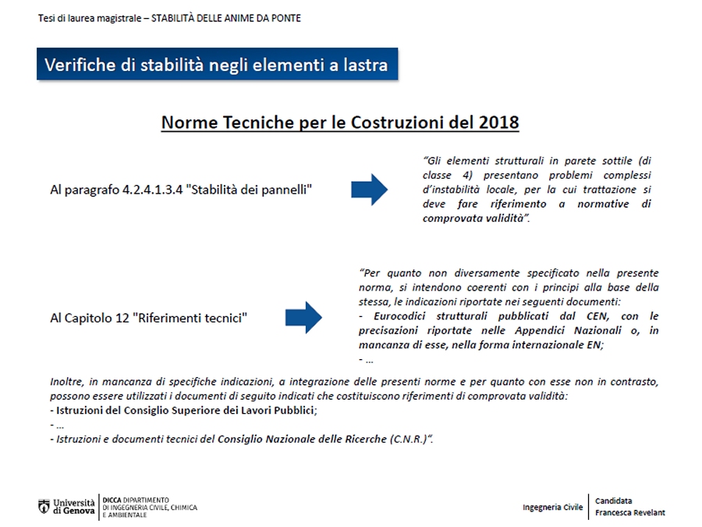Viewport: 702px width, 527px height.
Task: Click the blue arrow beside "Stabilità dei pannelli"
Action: coord(369,190)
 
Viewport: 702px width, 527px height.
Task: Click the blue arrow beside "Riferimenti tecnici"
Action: coord(303,317)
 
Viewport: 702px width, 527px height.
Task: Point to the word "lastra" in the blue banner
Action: coord(362,65)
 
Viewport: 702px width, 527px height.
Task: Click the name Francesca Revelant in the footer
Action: coord(629,512)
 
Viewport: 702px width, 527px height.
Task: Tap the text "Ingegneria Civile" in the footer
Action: coord(552,507)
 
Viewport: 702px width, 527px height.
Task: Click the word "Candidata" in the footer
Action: coord(613,500)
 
